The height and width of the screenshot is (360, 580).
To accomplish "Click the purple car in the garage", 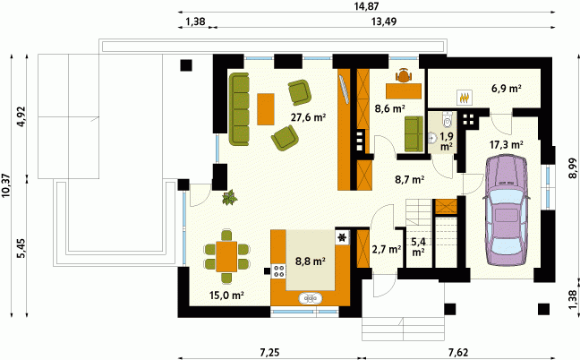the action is pos(506,210).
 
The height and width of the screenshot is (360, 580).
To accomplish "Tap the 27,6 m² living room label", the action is pos(308,117).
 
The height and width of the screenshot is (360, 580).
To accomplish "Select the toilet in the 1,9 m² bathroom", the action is pos(448,119).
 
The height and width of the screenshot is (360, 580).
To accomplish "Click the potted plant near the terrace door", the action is pos(229,197).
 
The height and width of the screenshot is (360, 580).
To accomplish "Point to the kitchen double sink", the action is pos(310,298).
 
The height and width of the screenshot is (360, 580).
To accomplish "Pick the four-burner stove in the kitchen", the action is pos(278,271).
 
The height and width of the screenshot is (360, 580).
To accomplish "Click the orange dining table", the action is pos(226,256).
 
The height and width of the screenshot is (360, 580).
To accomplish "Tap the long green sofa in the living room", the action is pos(239,109).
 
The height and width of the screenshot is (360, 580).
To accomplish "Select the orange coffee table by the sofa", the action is pos(266,108).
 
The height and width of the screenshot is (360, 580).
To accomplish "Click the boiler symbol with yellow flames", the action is pos(465,98).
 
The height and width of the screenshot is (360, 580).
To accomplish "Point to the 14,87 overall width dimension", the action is pos(366,6).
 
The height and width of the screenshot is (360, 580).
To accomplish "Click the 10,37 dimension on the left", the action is pos(6,185).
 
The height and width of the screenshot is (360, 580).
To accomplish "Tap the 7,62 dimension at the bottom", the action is pos(458,353).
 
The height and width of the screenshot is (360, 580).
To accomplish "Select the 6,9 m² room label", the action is pos(507,89).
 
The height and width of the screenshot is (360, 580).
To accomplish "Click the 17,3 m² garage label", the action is pos(506,145).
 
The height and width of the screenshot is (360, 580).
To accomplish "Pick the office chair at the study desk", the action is pos(404,76).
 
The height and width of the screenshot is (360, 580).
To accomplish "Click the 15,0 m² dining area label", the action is pos(226,296).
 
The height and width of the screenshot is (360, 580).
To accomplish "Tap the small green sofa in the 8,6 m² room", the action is pos(414,133).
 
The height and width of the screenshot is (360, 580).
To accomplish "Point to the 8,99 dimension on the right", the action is pos(572,168).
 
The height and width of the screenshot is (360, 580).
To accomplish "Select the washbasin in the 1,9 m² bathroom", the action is pos(432,138).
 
